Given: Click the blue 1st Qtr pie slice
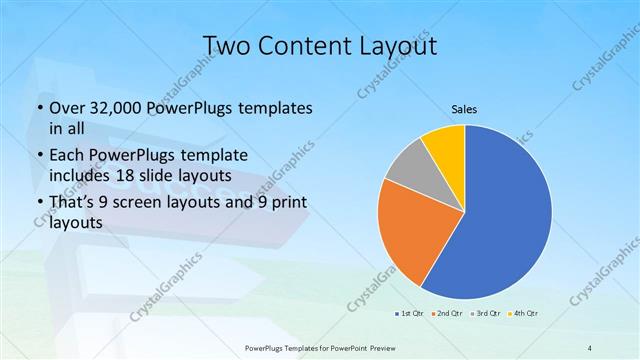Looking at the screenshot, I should [x=505, y=215].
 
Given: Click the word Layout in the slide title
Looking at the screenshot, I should [x=391, y=46].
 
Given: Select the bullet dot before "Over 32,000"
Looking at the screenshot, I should [x=38, y=109].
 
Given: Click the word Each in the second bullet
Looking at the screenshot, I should [x=68, y=156].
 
